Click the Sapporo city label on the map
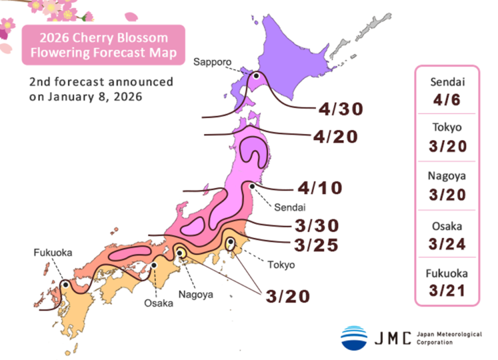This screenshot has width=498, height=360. [212, 62]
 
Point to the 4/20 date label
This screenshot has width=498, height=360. [335, 137]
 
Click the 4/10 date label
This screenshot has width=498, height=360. [320, 188]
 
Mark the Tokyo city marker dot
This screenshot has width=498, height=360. [230, 243]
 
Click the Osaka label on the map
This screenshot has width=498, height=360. [157, 303]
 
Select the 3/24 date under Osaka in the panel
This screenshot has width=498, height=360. [446, 244]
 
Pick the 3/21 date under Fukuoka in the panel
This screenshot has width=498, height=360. [446, 291]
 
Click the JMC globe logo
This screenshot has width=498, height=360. [353, 337]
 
